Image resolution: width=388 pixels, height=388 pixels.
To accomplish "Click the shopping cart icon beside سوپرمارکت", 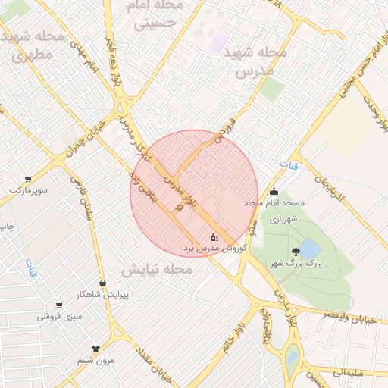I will coord(28,180).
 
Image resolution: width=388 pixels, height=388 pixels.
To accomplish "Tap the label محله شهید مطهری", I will coord(31,47).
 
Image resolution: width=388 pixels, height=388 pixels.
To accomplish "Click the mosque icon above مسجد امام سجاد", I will coord(274,192).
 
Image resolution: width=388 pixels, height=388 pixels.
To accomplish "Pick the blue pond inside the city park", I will coord(309,248).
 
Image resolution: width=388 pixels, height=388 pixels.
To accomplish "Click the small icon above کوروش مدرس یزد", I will coord(213,236).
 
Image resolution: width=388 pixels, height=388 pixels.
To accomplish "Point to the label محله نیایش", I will coord(156,269).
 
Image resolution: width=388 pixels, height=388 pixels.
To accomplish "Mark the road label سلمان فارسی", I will coord(79,194).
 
